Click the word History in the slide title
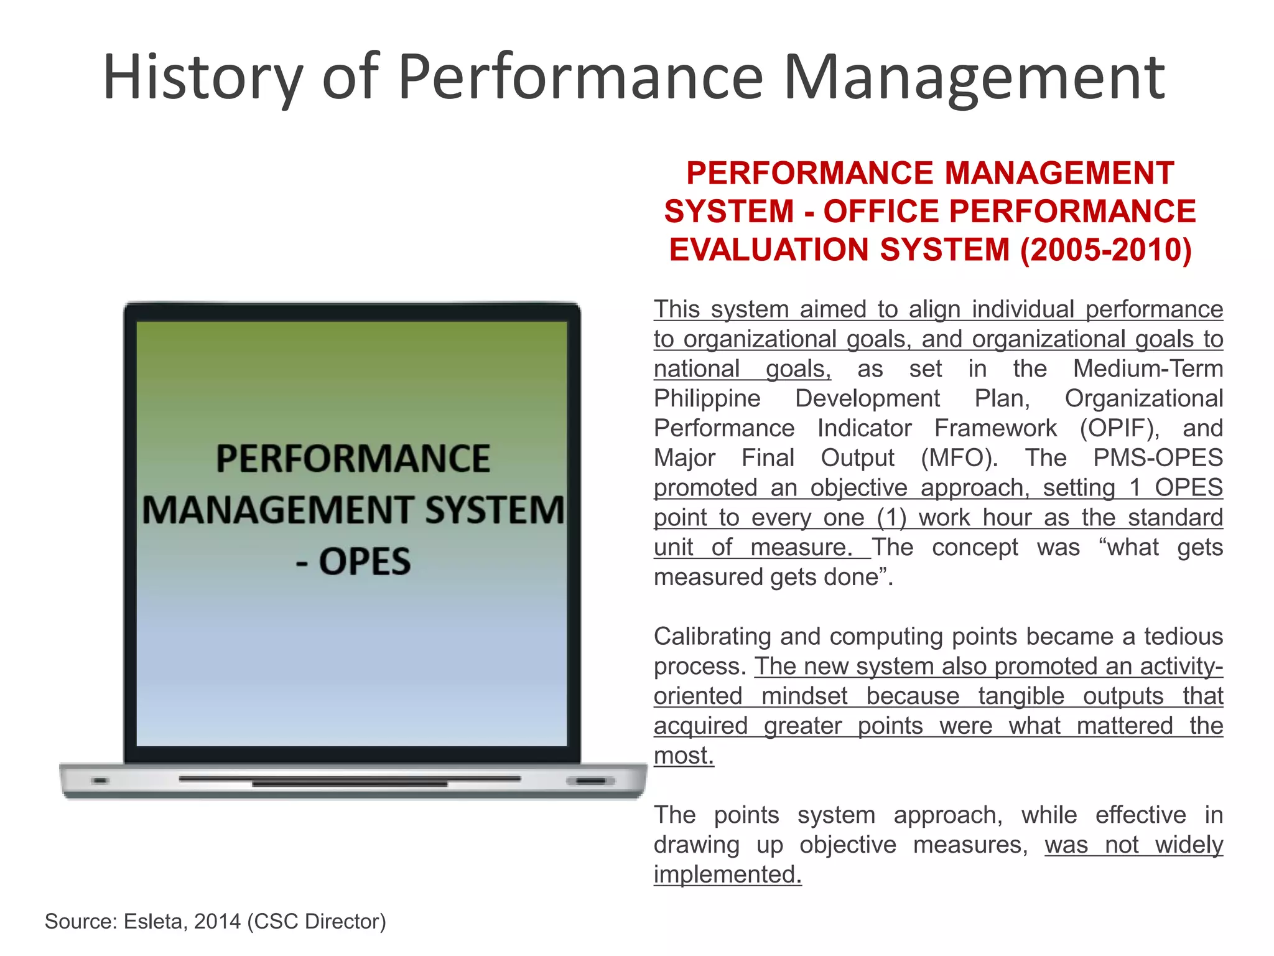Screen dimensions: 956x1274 (x=203, y=77)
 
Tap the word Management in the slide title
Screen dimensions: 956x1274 (x=974, y=77)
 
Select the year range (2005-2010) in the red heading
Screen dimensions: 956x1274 (x=1106, y=250)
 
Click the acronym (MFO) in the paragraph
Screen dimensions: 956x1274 (x=959, y=458)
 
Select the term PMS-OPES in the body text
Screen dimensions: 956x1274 (x=1158, y=458)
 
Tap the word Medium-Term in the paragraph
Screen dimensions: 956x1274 (x=1148, y=368)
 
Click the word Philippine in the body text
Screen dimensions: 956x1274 (x=707, y=398)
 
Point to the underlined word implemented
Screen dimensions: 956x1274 (x=727, y=874)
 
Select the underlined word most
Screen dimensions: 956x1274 (x=683, y=756)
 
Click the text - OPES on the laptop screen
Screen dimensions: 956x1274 (x=353, y=561)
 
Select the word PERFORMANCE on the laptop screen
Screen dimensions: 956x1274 (x=353, y=459)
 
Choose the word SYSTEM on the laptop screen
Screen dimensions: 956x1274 (x=495, y=510)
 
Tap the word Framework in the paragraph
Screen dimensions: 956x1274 (x=995, y=428)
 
